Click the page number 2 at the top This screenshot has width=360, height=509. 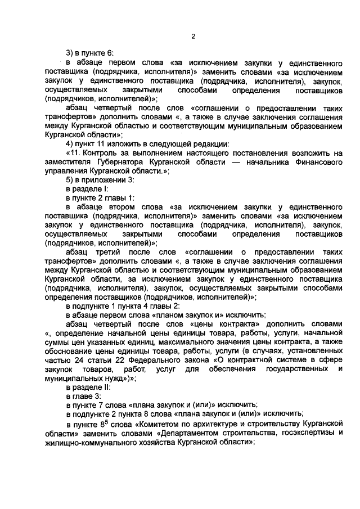click(192, 37)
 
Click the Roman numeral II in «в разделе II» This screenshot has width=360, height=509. click(105, 387)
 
